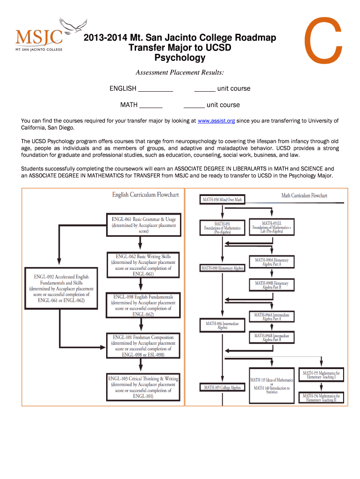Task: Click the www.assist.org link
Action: coord(216,121)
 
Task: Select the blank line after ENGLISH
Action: coord(156,89)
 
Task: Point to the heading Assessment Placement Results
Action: coord(180,73)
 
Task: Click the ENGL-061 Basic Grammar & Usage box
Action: coord(144,225)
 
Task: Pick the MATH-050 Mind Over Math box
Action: coord(222,200)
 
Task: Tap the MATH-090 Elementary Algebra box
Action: coord(222,269)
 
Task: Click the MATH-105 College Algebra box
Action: coord(222,387)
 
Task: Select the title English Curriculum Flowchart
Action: coord(145,195)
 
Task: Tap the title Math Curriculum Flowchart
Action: coord(304,196)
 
